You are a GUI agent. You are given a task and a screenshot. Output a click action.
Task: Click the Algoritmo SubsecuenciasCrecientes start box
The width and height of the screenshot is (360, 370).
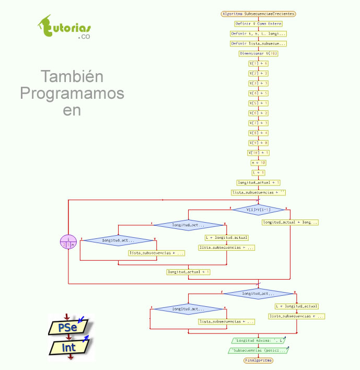pos(259,14)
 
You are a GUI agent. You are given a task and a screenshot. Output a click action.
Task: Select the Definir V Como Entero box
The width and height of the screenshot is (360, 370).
pos(259,24)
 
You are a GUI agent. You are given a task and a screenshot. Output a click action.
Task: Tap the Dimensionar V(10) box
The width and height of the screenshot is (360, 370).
pos(259,53)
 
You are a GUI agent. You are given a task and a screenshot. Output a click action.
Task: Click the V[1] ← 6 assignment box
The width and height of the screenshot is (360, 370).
pos(259,63)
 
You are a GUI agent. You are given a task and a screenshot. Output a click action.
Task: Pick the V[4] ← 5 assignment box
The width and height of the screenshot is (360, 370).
pos(259,93)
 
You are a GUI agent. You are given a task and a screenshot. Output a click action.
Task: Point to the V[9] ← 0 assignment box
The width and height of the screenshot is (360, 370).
pos(259,143)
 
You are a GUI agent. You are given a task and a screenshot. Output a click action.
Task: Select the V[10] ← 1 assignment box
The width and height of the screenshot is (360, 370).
pos(259,153)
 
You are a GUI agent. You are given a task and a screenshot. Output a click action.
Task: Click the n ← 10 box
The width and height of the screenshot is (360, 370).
pos(259,163)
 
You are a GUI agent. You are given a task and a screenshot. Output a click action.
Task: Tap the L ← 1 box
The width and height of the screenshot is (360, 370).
pos(259,172)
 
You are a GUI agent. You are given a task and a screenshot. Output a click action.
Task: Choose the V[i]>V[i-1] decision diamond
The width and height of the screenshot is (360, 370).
pos(259,210)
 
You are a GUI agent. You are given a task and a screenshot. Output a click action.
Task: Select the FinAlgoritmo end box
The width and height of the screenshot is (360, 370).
pos(259,361)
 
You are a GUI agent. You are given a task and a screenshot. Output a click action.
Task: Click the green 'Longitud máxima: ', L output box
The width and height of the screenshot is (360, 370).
pos(259,340)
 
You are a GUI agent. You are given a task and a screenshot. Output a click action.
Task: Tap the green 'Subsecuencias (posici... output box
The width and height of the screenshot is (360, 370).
pos(259,350)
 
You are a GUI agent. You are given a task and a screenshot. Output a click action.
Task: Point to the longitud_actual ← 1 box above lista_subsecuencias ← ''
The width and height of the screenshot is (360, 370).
pos(259,182)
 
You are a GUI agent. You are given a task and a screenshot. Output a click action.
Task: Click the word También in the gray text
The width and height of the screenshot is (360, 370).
pos(72,77)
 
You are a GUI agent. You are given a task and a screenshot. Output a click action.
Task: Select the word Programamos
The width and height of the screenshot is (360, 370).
pos(72,94)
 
